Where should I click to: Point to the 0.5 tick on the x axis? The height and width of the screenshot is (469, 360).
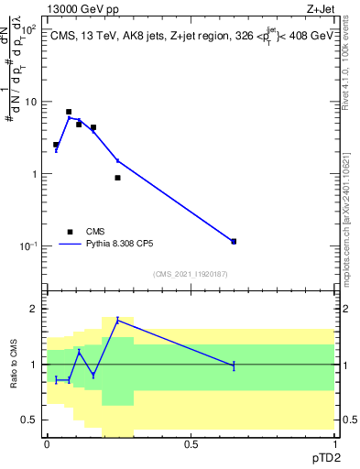pyautogui.click(x=191, y=444)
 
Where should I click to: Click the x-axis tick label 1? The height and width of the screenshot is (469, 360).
pyautogui.click(x=334, y=444)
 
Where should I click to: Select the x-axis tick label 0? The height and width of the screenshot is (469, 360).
pyautogui.click(x=47, y=444)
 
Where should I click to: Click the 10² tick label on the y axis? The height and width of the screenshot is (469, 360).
pyautogui.click(x=27, y=29)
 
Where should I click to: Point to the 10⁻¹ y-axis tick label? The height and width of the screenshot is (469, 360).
pyautogui.click(x=28, y=245)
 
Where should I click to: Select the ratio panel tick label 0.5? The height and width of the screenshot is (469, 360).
pyautogui.click(x=32, y=420)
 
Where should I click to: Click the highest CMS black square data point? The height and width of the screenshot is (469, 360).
pyautogui.click(x=69, y=112)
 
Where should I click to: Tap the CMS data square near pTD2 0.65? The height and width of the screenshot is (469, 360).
pyautogui.click(x=234, y=241)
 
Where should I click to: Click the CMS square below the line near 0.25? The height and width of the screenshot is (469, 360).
pyautogui.click(x=117, y=178)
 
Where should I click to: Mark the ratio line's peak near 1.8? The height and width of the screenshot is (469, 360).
pyautogui.click(x=117, y=320)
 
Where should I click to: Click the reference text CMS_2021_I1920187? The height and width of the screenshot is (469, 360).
pyautogui.click(x=190, y=274)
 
